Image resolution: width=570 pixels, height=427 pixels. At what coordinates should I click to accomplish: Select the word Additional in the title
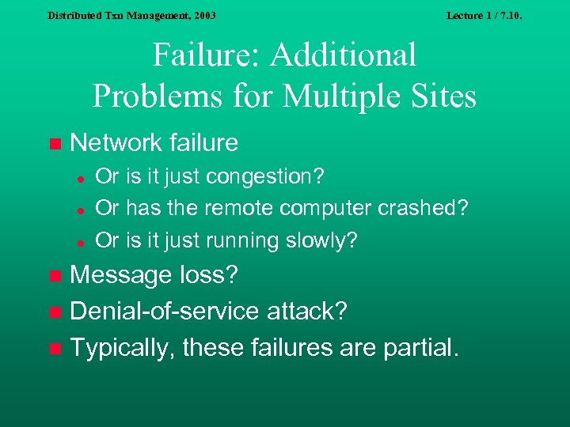coord(344,55)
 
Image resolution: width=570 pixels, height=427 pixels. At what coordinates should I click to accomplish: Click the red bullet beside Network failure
coord(54,144)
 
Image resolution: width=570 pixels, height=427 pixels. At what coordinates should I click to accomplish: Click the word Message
coord(120,275)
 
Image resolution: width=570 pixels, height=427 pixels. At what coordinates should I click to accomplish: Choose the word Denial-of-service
coord(163,311)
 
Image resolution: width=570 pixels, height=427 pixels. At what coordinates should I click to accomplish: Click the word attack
coord(308,311)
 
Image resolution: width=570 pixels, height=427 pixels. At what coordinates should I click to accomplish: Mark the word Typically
coord(123,347)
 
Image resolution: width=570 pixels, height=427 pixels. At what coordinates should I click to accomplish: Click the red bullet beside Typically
coord(54,348)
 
